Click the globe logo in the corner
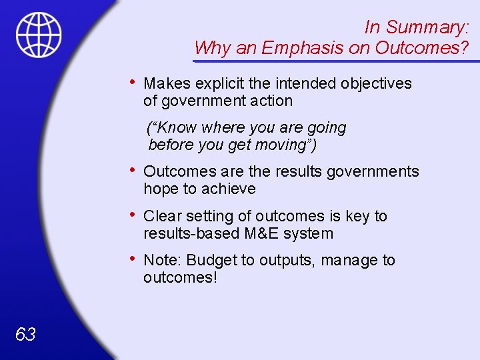pyautogui.click(x=39, y=35)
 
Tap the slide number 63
pyautogui.click(x=25, y=334)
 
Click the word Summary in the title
pyautogui.click(x=427, y=27)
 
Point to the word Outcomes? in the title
pyautogui.click(x=422, y=48)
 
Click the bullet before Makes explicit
pyautogui.click(x=134, y=83)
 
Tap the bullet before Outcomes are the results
pyautogui.click(x=134, y=171)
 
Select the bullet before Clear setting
pyautogui.click(x=134, y=215)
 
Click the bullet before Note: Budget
pyautogui.click(x=134, y=259)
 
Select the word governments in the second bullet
pyautogui.click(x=373, y=172)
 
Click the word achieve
pyautogui.click(x=231, y=189)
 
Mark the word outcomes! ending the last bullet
pyautogui.click(x=180, y=277)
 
